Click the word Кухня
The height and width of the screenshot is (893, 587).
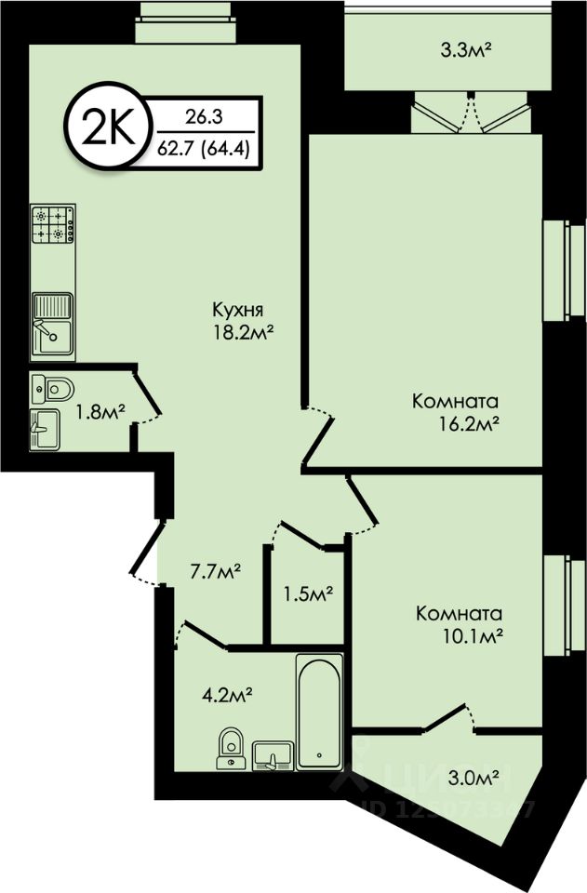pyautogui.click(x=239, y=311)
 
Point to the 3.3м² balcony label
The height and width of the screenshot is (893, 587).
pyautogui.click(x=439, y=50)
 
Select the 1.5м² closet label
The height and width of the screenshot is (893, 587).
pyautogui.click(x=308, y=593)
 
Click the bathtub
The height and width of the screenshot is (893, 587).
pyautogui.click(x=319, y=712)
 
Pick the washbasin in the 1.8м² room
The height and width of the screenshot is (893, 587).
pyautogui.click(x=45, y=431)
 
